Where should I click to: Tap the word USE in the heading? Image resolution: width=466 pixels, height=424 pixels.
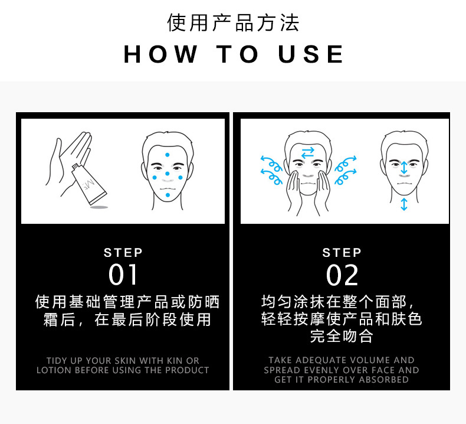[311, 54]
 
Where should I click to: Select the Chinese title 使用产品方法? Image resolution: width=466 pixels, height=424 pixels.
[233, 22]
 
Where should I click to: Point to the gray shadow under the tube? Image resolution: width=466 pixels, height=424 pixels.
[99, 207]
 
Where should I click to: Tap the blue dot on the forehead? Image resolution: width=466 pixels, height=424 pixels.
[168, 155]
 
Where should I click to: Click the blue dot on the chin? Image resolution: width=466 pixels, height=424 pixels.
[168, 195]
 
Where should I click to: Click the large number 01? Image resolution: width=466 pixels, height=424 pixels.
[123, 276]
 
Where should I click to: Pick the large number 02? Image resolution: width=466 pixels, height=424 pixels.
[342, 276]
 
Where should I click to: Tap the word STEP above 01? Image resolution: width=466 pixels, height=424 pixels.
[123, 253]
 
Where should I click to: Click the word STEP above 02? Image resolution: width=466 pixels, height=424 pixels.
[342, 253]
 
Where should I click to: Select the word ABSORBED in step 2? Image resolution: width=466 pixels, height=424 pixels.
[383, 380]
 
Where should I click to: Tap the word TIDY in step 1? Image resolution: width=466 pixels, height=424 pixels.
[57, 360]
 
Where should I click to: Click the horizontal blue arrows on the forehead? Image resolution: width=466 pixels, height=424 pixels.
[307, 154]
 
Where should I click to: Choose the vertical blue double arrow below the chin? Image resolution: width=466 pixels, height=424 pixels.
[403, 204]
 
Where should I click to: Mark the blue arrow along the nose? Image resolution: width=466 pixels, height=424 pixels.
[403, 168]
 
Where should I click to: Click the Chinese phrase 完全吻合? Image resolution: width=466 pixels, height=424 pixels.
[342, 337]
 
